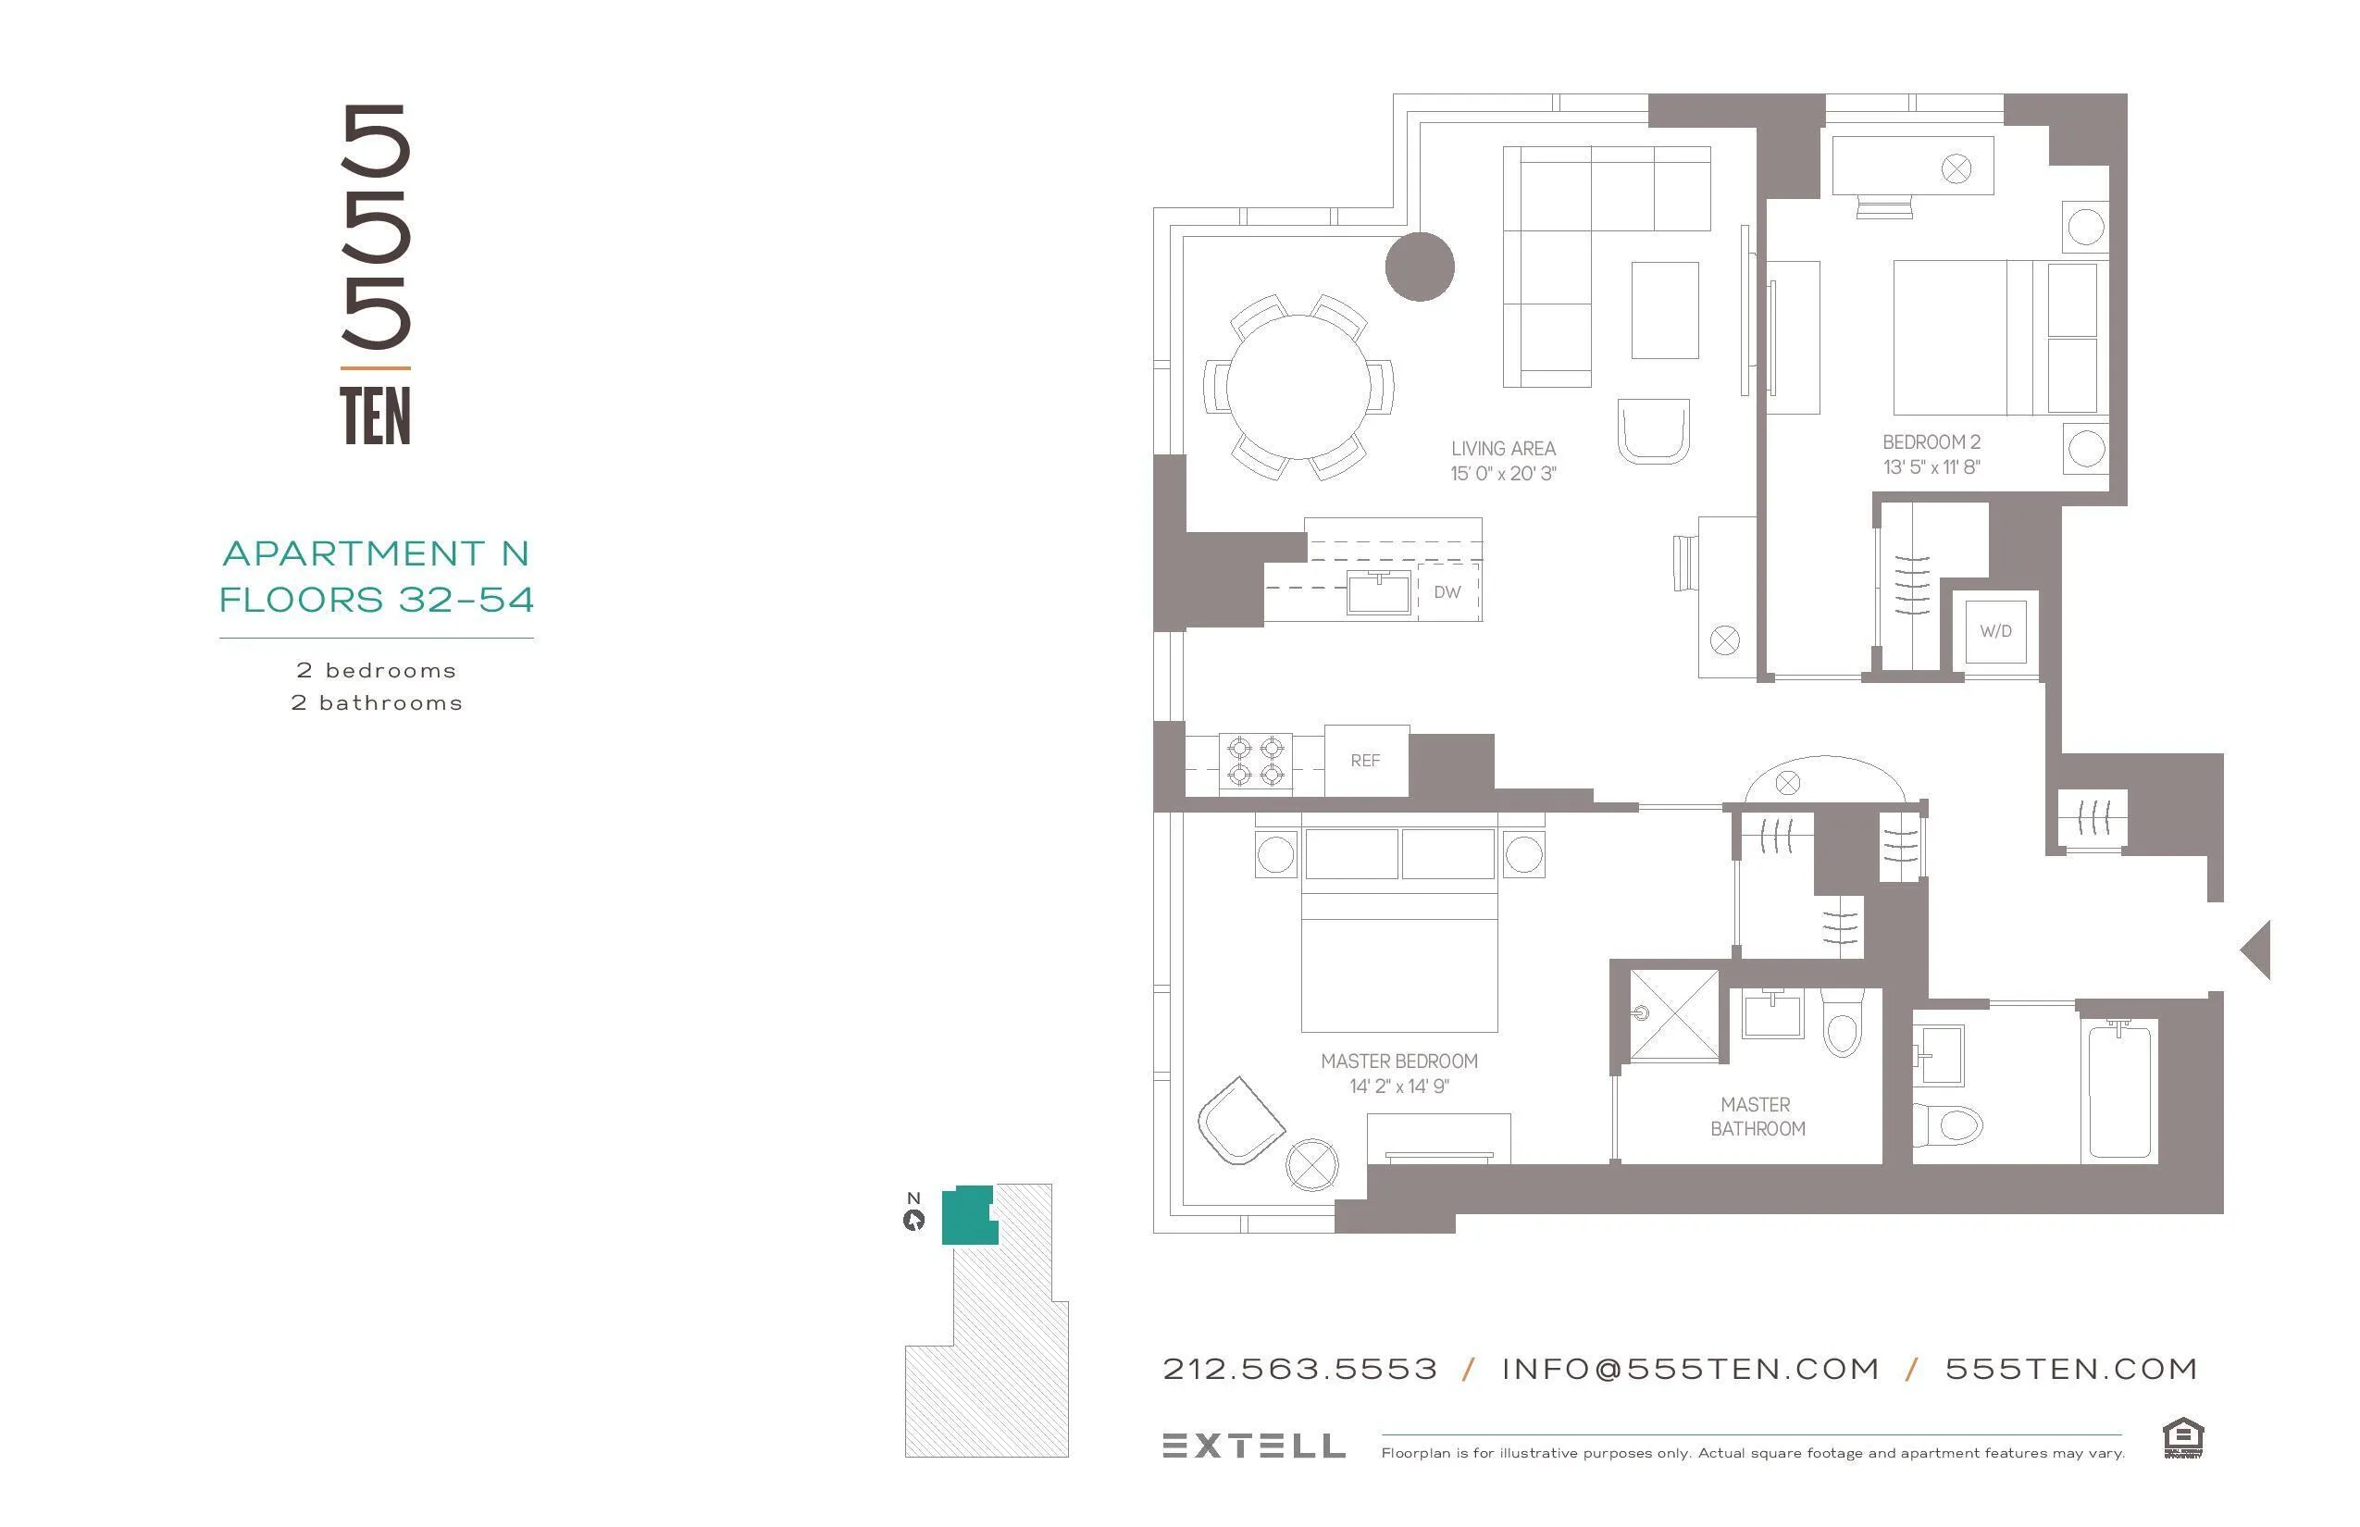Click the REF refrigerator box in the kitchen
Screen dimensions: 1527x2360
(1365, 761)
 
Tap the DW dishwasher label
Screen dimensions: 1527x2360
(1447, 592)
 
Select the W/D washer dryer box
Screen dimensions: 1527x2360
(1995, 631)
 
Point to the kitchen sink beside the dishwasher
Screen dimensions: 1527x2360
(1378, 593)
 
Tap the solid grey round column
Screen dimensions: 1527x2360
(1419, 266)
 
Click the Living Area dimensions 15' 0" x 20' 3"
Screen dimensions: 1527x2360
(1502, 474)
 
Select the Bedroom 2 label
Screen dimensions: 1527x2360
(1931, 442)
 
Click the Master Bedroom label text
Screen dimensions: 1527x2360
(1398, 1061)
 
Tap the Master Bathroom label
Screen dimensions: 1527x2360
(1758, 1116)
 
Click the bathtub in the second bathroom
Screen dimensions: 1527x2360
(2120, 1091)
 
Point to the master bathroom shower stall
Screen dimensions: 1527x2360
(1675, 1015)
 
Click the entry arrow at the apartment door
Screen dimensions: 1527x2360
(2257, 949)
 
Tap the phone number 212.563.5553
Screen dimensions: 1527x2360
(1299, 1370)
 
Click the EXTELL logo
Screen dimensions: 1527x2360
(1253, 1446)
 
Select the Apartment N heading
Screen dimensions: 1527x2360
(376, 553)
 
